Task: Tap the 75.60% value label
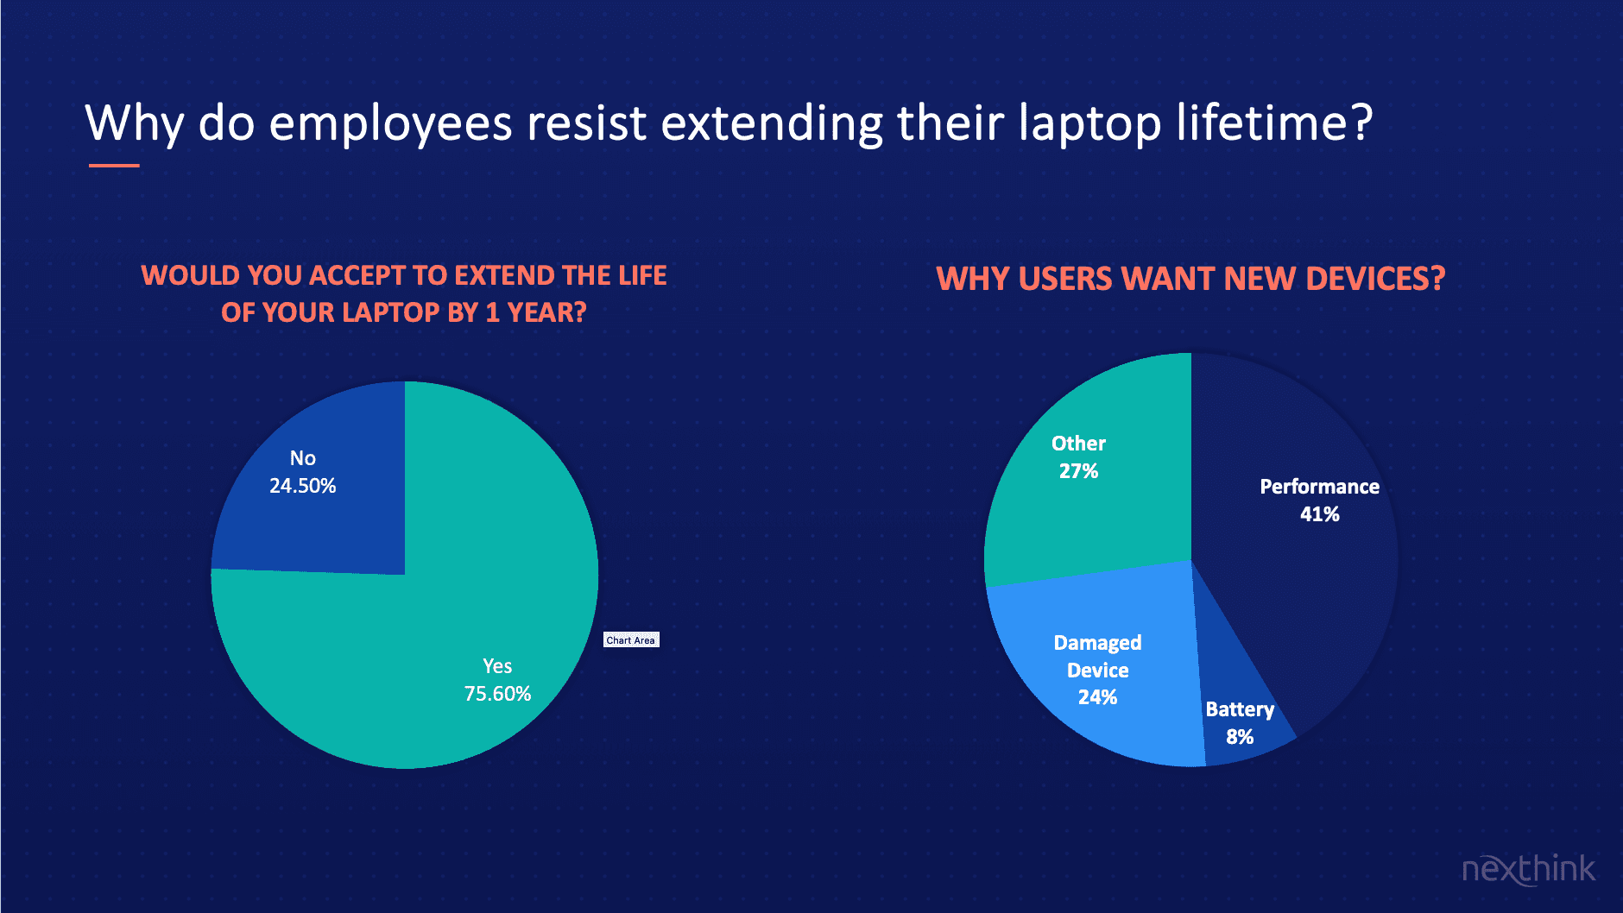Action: point(497,694)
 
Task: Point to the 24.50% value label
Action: point(302,486)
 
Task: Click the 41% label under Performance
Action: point(1319,514)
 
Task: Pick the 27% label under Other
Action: point(1078,471)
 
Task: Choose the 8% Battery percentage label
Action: point(1240,737)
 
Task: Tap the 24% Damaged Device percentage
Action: point(1097,697)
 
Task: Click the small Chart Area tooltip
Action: point(631,639)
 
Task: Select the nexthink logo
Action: point(1528,868)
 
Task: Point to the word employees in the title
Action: point(391,124)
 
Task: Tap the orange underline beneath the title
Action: point(114,165)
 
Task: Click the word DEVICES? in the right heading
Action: point(1375,279)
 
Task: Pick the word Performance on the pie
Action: point(1319,487)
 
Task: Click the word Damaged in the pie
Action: point(1097,644)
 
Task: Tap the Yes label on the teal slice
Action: point(497,666)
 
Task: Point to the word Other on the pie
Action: point(1078,444)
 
